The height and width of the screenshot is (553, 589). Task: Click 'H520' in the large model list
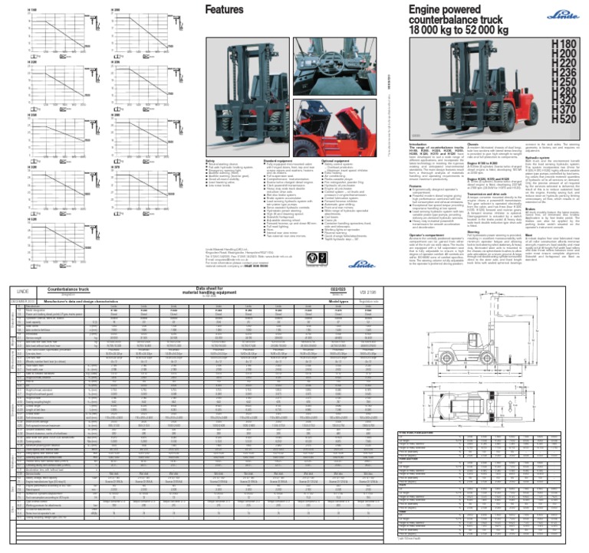[x=566, y=120]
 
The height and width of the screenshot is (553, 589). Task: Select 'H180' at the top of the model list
[x=566, y=48]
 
